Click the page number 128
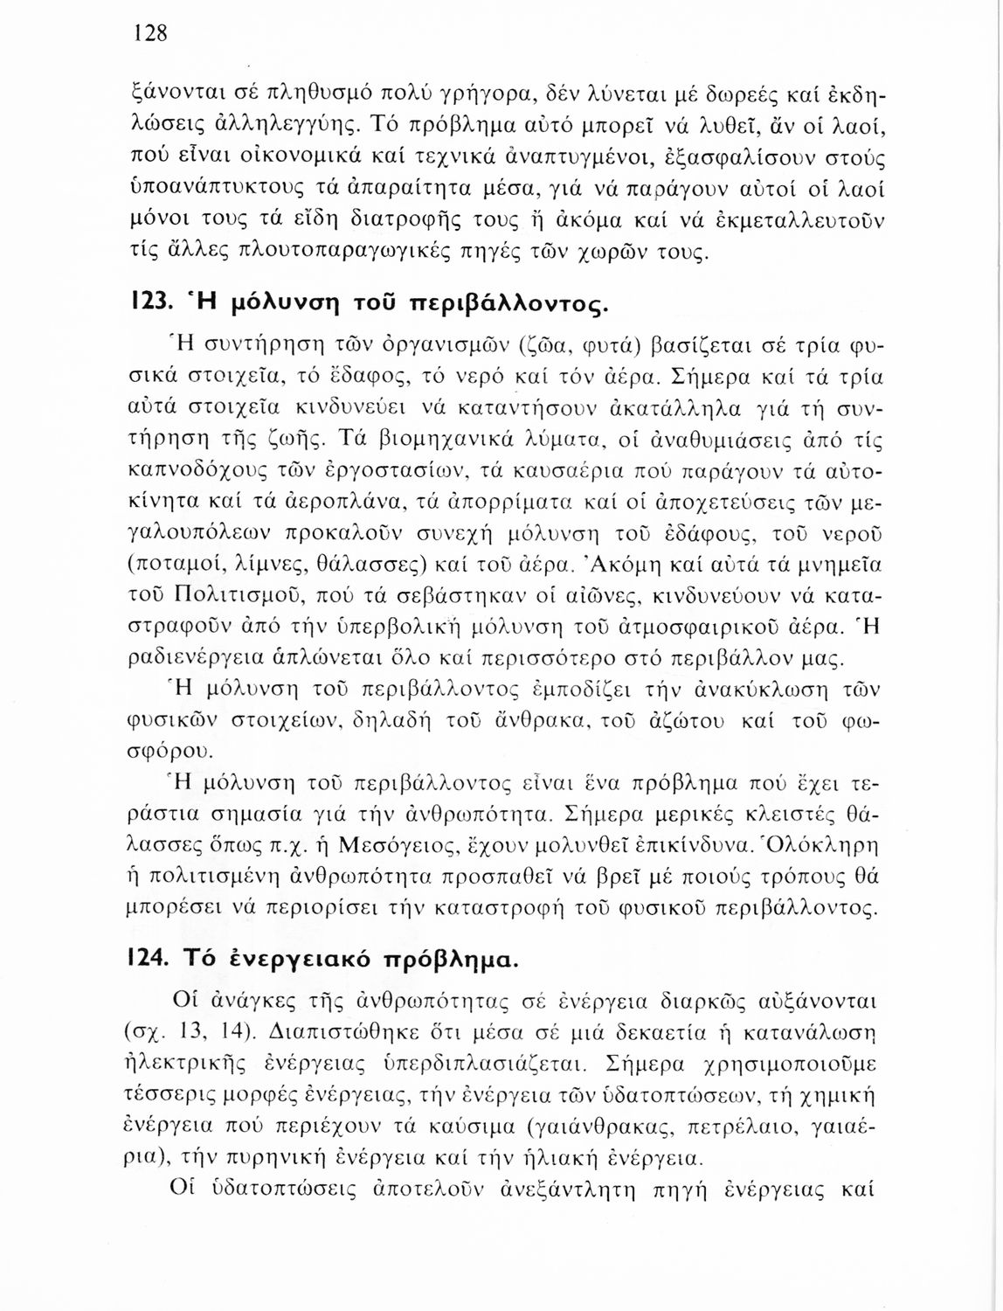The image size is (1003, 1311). point(149,33)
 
